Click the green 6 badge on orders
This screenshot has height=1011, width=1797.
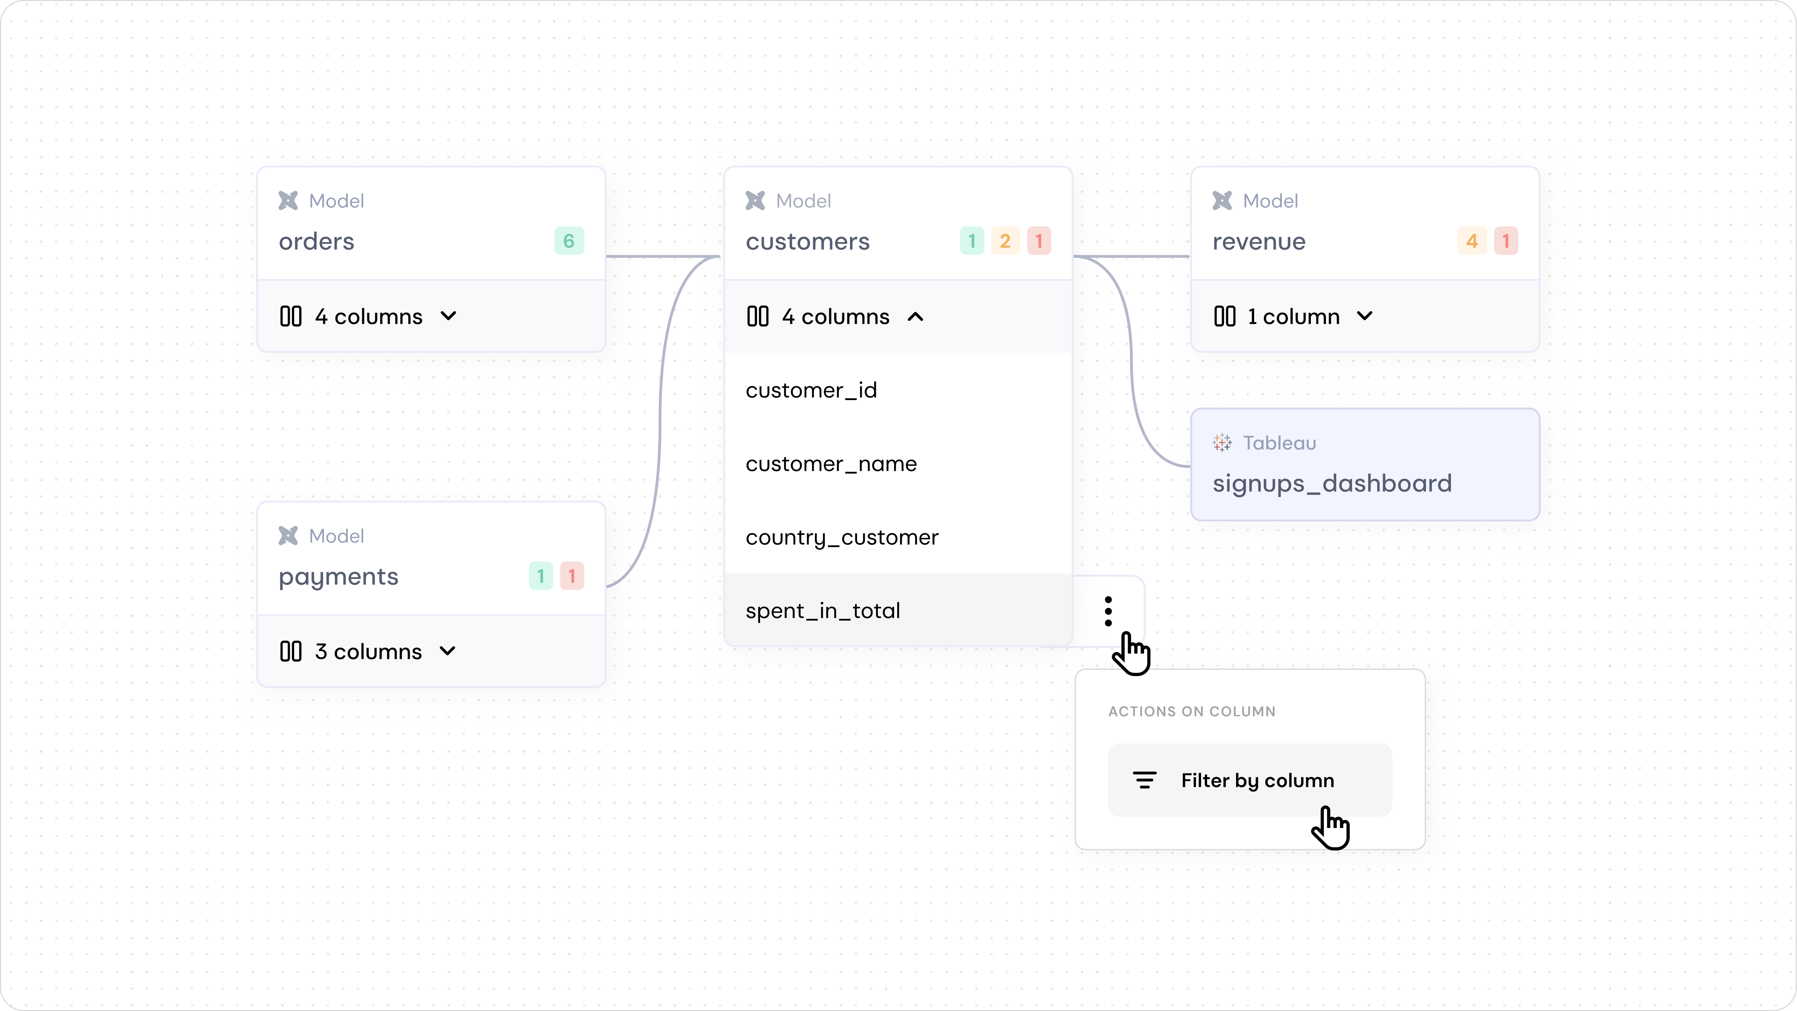click(569, 241)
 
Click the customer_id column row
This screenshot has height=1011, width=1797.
click(811, 390)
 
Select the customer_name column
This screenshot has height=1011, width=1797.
click(831, 464)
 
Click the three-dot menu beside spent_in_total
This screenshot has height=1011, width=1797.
click(1108, 611)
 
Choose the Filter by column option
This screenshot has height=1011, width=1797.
click(1257, 780)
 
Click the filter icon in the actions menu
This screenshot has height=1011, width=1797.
click(1144, 780)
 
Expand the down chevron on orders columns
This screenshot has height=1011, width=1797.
click(448, 316)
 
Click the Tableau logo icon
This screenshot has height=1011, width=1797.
click(1222, 443)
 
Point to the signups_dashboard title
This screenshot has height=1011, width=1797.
click(1332, 484)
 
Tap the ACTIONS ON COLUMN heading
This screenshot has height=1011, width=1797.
click(1192, 712)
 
